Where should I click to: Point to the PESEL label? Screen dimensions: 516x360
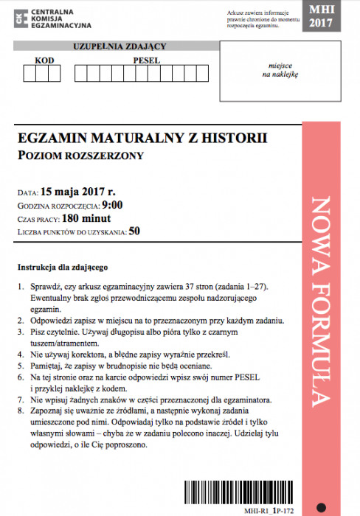pos(147,60)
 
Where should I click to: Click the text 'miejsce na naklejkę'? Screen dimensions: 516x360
pos(278,70)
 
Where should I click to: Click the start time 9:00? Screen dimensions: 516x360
pos(112,206)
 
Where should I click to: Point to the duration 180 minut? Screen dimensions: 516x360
pos(86,219)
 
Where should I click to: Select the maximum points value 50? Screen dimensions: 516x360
pos(134,231)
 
